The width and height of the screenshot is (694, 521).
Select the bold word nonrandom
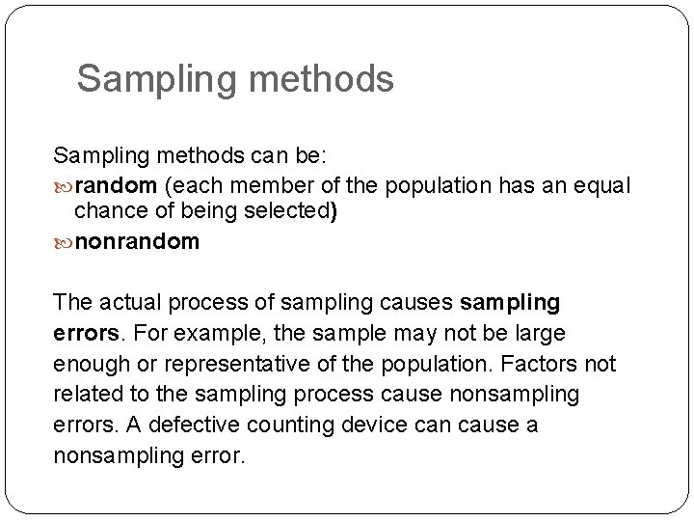pos(137,242)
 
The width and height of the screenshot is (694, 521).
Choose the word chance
pos(110,212)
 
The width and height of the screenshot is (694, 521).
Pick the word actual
pos(131,303)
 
